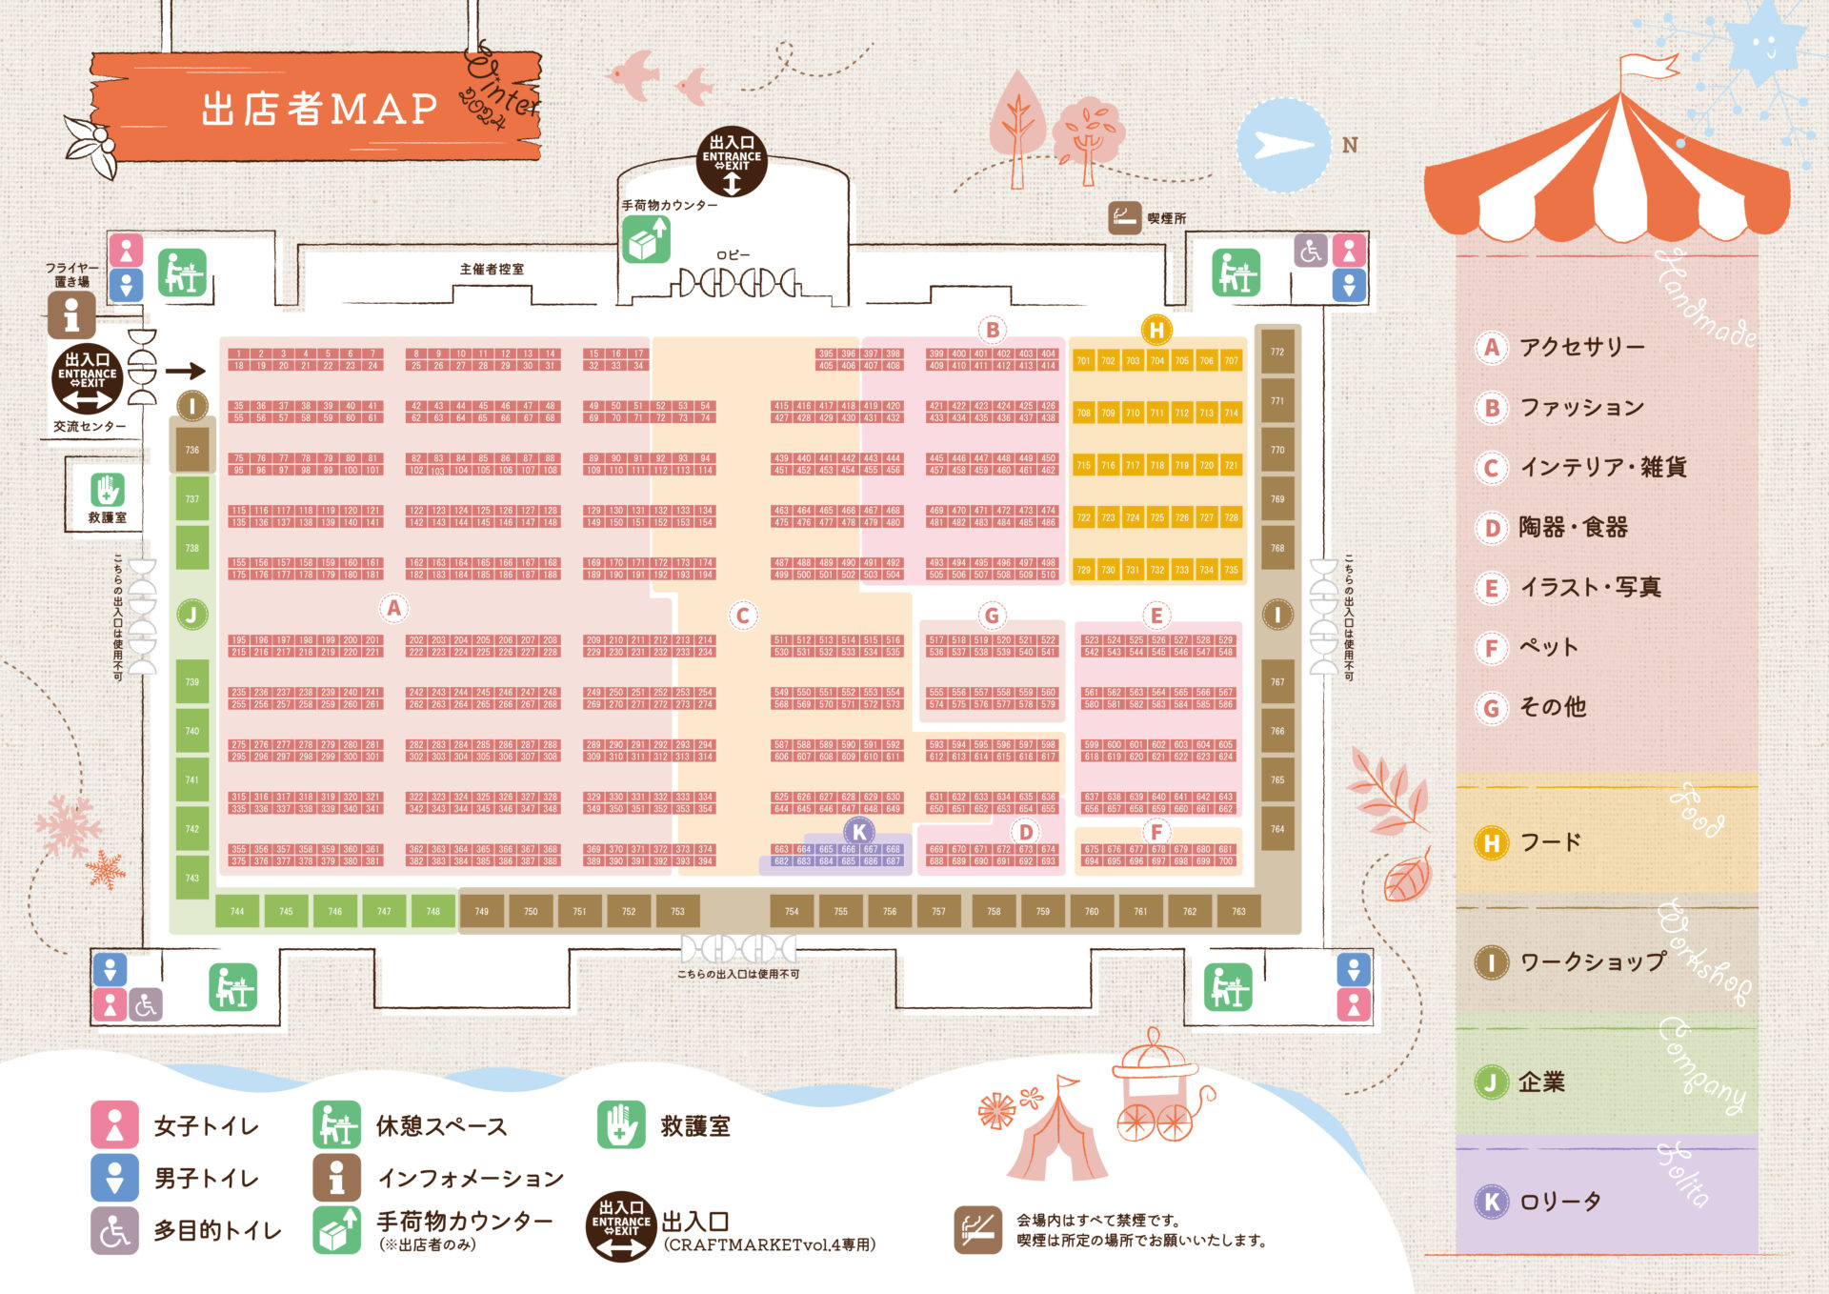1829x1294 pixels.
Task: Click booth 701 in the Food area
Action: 1083,361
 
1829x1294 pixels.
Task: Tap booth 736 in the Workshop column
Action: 192,450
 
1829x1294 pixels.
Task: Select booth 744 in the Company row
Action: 237,912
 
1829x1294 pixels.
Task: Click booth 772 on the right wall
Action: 1277,353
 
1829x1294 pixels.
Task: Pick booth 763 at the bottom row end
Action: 1238,912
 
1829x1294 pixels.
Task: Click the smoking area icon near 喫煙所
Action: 1124,218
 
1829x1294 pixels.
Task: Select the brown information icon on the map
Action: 71,314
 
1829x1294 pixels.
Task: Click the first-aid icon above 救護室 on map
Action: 108,490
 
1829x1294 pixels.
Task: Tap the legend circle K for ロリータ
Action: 1492,1202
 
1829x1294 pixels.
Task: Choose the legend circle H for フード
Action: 1492,843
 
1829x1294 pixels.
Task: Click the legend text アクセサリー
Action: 1581,347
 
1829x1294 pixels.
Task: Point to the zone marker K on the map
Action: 859,832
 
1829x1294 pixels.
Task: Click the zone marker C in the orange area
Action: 743,616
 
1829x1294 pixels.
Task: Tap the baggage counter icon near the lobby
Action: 646,239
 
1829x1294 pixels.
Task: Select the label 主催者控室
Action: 492,270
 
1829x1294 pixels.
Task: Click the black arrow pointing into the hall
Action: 186,372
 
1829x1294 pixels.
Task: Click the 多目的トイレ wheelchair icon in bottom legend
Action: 114,1231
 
